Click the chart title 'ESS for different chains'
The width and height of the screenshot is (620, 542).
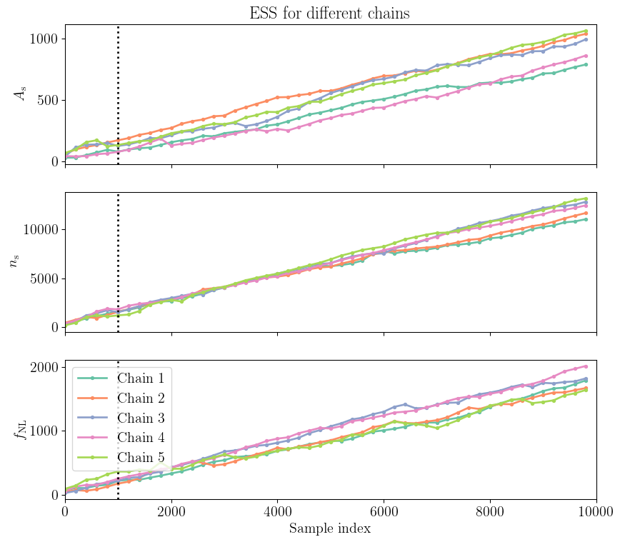click(x=329, y=13)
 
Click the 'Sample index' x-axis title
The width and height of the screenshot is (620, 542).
click(x=329, y=529)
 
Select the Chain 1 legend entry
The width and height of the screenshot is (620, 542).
click(x=135, y=378)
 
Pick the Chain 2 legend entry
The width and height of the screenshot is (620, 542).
click(x=135, y=398)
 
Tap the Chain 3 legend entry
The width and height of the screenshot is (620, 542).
click(x=135, y=417)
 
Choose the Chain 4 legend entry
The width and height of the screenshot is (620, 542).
click(x=135, y=437)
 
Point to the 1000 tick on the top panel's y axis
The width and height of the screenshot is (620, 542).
click(x=44, y=39)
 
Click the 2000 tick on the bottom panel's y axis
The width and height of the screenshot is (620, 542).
click(x=44, y=368)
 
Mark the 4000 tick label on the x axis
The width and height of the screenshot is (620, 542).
click(x=277, y=511)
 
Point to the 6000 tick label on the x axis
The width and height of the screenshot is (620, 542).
click(x=384, y=511)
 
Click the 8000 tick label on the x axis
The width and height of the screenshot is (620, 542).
click(x=490, y=511)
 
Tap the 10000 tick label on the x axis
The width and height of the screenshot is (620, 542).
click(x=596, y=511)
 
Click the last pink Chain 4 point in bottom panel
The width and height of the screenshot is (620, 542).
click(x=586, y=366)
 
